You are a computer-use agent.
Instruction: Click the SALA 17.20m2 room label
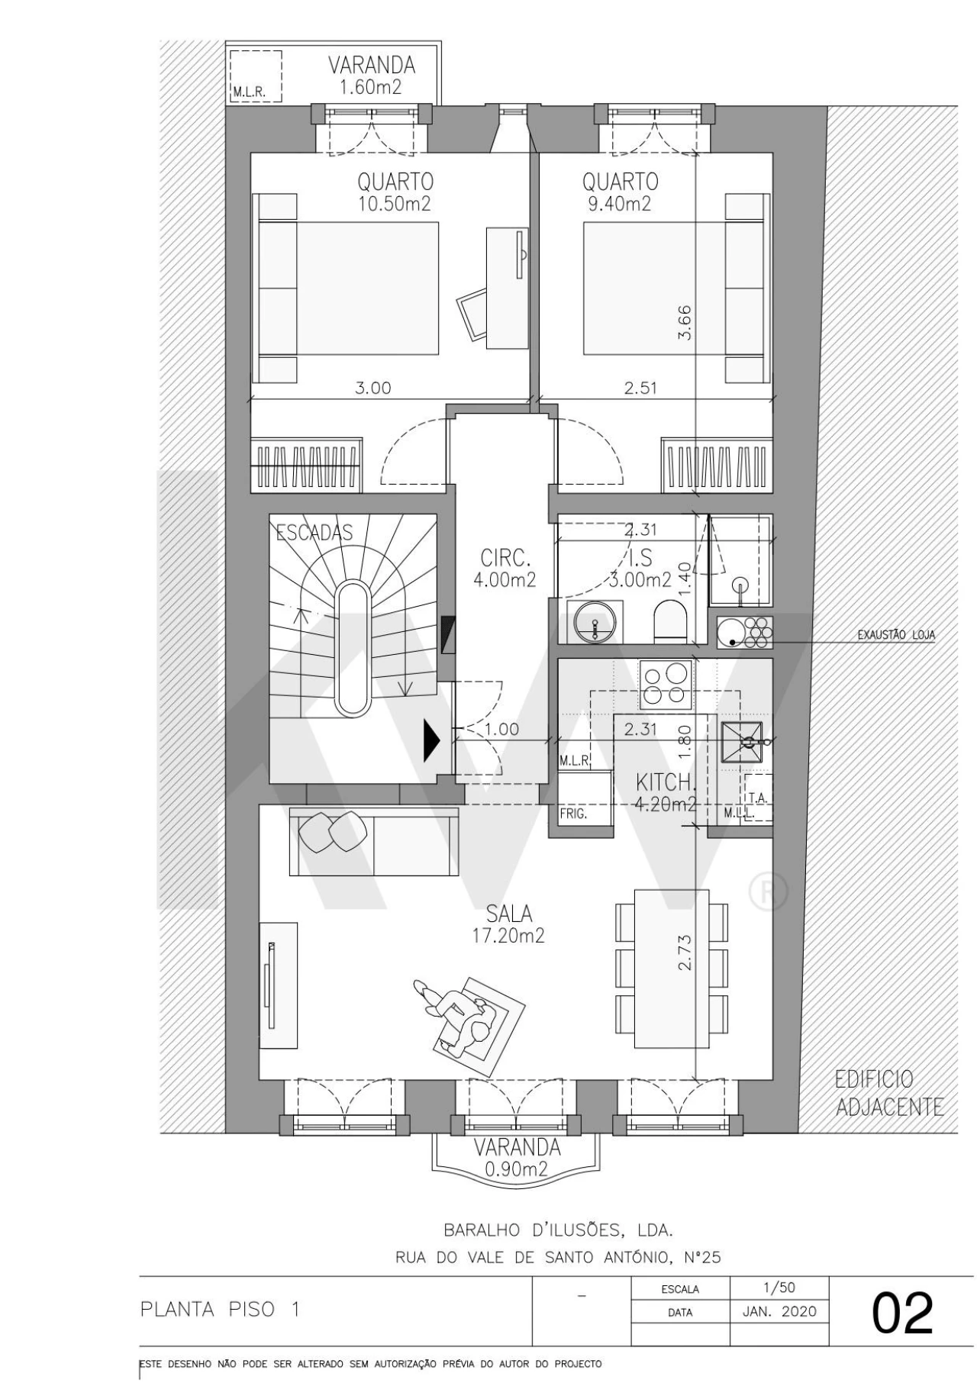(x=509, y=924)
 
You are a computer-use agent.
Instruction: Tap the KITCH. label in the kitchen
(x=666, y=782)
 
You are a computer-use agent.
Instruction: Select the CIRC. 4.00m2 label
(x=505, y=567)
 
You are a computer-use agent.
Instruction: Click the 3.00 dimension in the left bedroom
(x=372, y=388)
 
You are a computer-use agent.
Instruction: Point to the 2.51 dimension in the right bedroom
(x=640, y=388)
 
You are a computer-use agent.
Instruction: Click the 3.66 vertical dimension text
(x=685, y=322)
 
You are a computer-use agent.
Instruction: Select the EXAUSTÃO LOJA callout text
(x=896, y=634)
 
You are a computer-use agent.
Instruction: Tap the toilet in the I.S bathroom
(x=672, y=622)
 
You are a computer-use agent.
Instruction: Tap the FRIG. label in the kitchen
(x=573, y=814)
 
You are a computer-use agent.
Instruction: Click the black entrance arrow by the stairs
(x=432, y=740)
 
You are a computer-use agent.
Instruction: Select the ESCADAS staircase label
(x=314, y=532)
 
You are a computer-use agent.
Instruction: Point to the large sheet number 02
(x=902, y=1314)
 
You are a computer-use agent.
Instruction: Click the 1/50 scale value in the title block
(x=779, y=1288)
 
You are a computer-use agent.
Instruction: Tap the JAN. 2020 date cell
(x=779, y=1312)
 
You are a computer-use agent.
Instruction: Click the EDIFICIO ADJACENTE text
(x=885, y=1093)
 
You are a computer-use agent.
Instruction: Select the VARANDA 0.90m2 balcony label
(x=517, y=1157)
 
